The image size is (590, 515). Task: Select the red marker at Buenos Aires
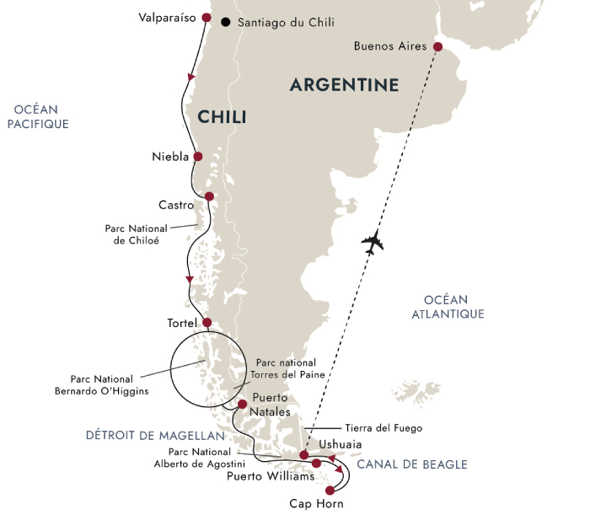437,46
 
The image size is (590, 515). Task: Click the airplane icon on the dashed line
372,244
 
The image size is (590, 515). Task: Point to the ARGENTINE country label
344,85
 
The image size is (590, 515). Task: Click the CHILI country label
222,117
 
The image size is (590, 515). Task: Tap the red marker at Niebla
198,156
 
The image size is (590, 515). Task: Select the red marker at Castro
210,197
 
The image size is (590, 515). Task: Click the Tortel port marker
206,323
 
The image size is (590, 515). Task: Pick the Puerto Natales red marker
243,405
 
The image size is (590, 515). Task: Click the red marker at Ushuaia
303,455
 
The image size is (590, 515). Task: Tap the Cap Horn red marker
330,490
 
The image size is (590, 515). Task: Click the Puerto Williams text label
271,477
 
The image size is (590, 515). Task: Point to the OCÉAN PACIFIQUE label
40,116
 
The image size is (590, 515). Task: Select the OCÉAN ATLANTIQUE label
454,306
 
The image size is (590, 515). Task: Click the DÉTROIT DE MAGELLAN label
155,436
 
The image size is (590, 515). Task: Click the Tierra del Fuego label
383,428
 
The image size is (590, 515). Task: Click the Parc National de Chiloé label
131,233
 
